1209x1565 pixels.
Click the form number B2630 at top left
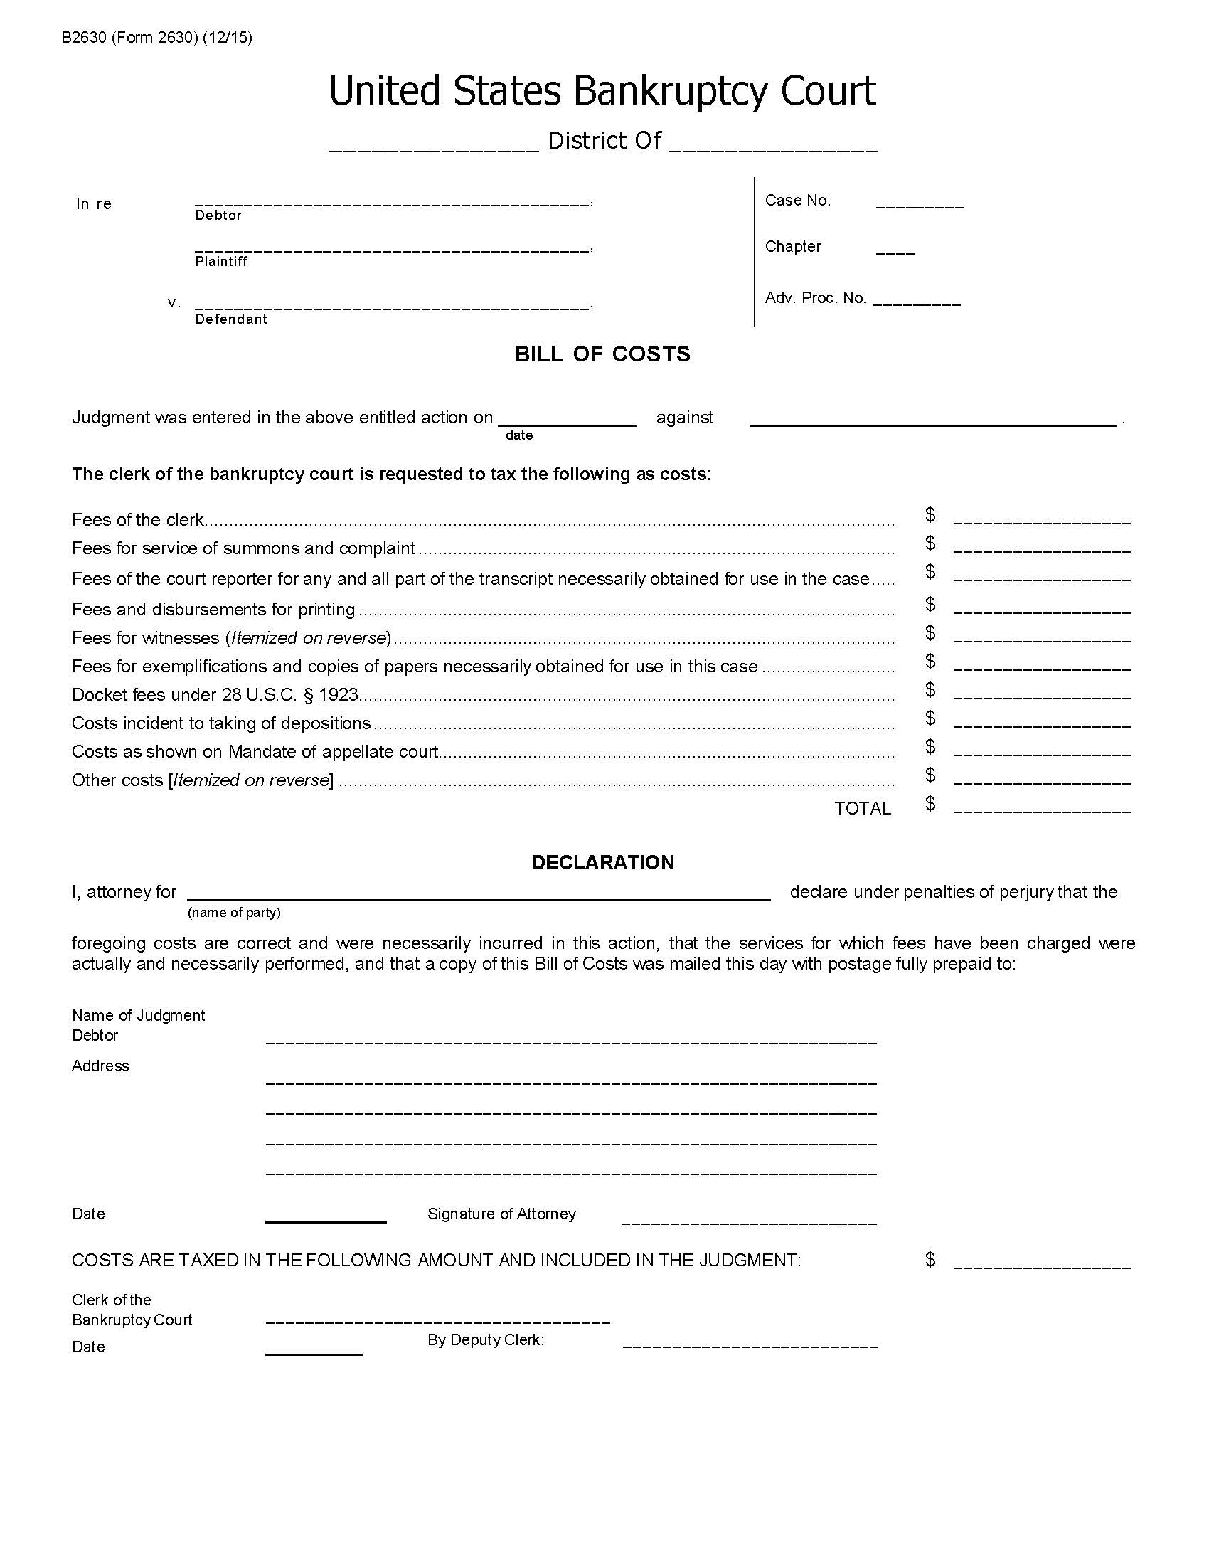[x=84, y=37]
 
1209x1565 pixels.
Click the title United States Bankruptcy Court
[x=602, y=92]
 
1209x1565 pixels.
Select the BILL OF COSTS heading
[x=602, y=354]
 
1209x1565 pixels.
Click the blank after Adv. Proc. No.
[x=917, y=302]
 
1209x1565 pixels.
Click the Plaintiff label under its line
[x=221, y=262]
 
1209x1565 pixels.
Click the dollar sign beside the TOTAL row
[x=930, y=803]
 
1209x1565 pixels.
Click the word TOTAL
[x=863, y=808]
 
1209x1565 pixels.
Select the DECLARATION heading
[x=602, y=862]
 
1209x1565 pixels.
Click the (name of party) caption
[x=233, y=912]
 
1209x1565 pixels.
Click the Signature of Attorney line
[x=748, y=1219]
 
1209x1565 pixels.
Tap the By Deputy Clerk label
[x=486, y=1340]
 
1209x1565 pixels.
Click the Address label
[x=100, y=1066]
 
